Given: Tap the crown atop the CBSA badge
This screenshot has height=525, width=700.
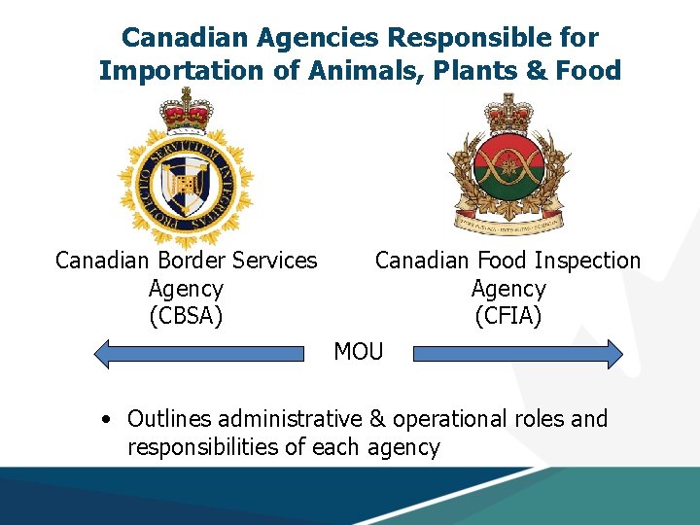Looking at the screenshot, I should click(x=186, y=109).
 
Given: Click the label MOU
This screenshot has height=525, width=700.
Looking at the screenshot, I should click(x=359, y=351).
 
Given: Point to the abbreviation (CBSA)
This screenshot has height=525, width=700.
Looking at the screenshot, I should click(x=186, y=316).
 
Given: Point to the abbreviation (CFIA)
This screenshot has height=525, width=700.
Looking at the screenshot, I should click(x=507, y=316).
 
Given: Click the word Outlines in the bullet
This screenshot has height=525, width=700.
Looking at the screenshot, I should click(x=169, y=419).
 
